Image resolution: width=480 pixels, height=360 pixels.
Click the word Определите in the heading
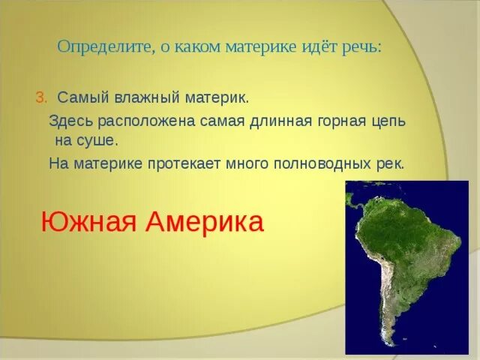coord(104,47)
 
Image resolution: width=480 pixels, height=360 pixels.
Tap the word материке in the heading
coord(261,47)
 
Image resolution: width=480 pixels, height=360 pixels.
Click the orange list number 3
coord(41,98)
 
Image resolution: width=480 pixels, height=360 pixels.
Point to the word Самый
coord(83,97)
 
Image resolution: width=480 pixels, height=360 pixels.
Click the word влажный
coord(147,97)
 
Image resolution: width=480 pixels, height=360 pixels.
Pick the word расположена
coord(146,121)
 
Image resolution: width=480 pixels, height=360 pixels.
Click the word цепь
coord(389,121)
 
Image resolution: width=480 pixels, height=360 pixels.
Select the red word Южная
coord(88,221)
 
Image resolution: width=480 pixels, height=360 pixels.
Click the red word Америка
coord(205,221)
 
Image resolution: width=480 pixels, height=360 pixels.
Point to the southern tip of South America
coord(395,346)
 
